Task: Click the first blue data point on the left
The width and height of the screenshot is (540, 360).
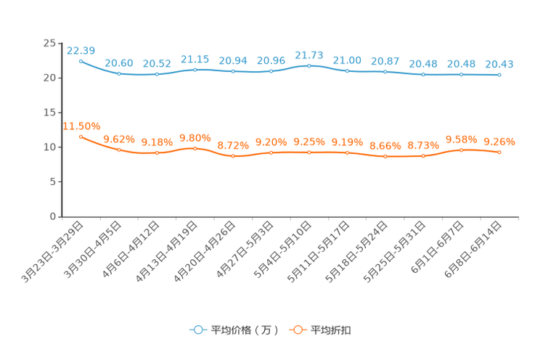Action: pos(81,61)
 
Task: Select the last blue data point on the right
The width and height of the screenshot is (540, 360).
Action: pos(499,74)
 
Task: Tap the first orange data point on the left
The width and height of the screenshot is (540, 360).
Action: pos(81,136)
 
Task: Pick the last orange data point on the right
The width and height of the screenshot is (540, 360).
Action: pos(499,152)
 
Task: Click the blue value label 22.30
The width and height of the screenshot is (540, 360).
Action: pos(81,50)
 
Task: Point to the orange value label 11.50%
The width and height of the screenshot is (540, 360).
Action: pos(81,126)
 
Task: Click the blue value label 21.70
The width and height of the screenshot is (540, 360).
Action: pos(309,54)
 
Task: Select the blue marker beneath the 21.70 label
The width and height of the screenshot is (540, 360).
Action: pos(309,65)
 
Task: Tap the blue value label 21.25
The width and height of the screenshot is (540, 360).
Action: pos(195,59)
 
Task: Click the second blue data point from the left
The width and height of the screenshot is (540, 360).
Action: pos(118,73)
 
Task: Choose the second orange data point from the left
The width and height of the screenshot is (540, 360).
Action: pos(118,149)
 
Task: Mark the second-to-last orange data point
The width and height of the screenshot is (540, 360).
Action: pos(461,150)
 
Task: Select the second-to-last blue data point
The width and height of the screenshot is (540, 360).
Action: pos(461,74)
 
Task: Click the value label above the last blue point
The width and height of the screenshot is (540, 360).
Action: pos(499,64)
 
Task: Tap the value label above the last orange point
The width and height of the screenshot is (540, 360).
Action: pos(499,141)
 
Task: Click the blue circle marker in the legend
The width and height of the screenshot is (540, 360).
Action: pos(197,330)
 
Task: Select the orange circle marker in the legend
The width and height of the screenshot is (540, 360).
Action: pos(297,330)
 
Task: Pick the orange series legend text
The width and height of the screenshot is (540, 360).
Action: pos(332,330)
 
